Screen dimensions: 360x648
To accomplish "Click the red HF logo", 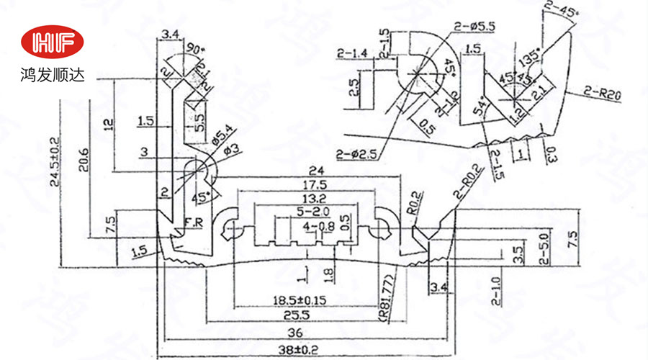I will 53,43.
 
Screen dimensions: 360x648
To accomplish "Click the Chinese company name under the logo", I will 53,74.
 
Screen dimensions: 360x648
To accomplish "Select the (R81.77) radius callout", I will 384,295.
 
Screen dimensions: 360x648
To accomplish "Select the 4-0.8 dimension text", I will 315,227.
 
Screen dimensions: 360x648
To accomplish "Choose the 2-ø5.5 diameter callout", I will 473,27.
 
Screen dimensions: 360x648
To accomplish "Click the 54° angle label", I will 477,109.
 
